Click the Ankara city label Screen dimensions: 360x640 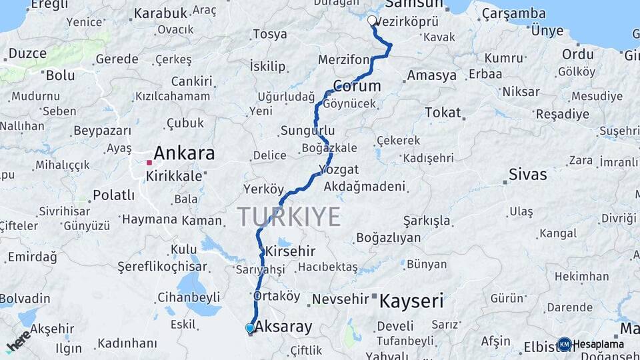click(185, 153)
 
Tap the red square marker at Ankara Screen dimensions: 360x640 click(149, 161)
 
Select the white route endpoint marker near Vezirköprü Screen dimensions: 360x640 click(373, 20)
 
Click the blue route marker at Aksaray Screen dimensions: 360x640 click(249, 328)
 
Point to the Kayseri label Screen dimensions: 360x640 click(411, 301)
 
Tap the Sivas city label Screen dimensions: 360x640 click(527, 175)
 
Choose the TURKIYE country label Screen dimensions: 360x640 click(289, 217)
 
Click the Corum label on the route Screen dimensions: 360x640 click(357, 86)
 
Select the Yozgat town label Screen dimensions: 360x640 click(339, 169)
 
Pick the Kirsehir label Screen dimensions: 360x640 click(290, 252)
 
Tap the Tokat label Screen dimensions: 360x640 click(443, 113)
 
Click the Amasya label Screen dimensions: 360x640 click(431, 75)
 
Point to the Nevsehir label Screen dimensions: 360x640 click(340, 299)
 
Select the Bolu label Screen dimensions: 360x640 click(61, 75)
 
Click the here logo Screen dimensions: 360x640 click(18, 341)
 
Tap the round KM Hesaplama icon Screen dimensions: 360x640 click(565, 344)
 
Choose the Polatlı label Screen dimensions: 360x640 click(114, 195)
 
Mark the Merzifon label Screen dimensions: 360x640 click(343, 59)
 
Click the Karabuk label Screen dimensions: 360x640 click(161, 13)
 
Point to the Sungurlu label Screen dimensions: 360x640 click(307, 130)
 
